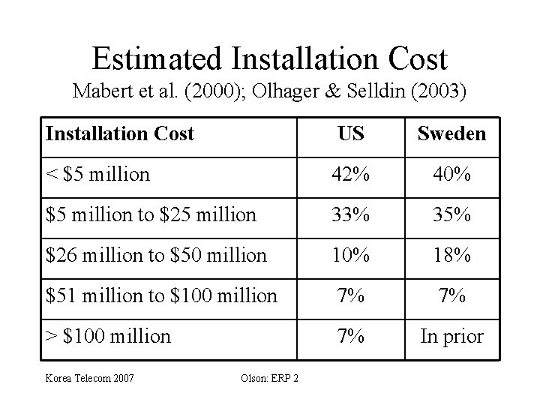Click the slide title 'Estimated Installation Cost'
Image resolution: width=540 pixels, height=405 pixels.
(269, 58)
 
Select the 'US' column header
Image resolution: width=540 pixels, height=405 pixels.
(350, 134)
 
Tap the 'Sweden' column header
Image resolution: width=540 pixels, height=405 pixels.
(451, 134)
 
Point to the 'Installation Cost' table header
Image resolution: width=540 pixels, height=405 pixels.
(119, 134)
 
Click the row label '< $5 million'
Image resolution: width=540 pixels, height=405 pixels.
(97, 175)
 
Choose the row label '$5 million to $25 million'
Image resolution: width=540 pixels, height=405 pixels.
(151, 215)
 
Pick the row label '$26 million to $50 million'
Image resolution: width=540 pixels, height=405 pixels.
(156, 256)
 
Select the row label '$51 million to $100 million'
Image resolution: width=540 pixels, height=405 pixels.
(161, 296)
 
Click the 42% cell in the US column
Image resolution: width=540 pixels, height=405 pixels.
(350, 175)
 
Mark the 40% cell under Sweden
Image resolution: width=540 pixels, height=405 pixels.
(451, 175)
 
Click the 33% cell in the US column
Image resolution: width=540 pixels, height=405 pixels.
(350, 215)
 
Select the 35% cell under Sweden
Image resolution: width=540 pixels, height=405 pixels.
(451, 215)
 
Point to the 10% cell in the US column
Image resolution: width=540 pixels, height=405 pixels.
(350, 256)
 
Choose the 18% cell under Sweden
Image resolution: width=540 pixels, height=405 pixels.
(451, 256)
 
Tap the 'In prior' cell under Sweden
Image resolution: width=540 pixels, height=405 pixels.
(451, 337)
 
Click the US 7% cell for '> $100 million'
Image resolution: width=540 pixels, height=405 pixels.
(350, 337)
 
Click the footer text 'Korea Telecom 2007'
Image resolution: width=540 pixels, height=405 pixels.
(90, 377)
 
